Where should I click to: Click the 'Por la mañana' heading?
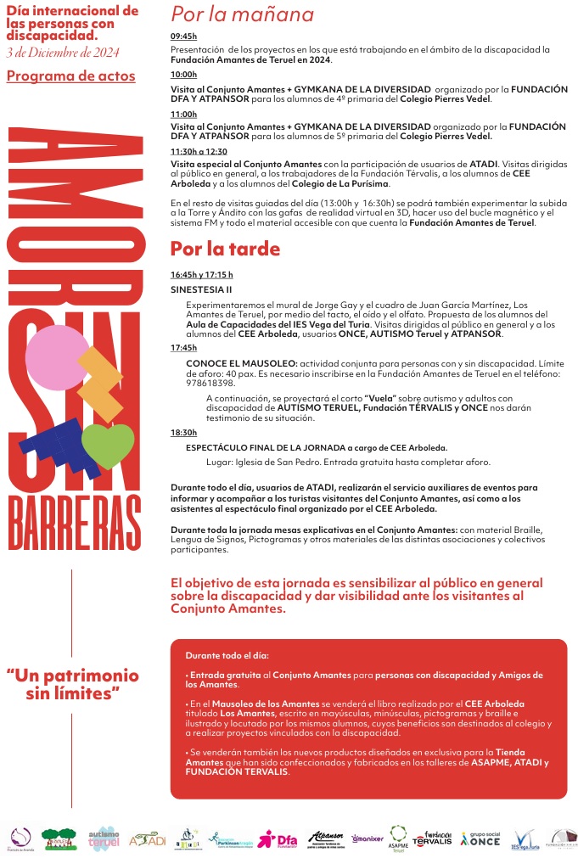pyautogui.click(x=242, y=14)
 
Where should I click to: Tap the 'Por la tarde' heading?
pyautogui.click(x=225, y=250)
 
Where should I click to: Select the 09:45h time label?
pyautogui.click(x=183, y=36)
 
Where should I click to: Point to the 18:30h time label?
pyautogui.click(x=183, y=433)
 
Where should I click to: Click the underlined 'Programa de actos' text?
pyautogui.click(x=70, y=76)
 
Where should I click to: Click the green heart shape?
pyautogui.click(x=108, y=445)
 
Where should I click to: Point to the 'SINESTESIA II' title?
pyautogui.click(x=195, y=289)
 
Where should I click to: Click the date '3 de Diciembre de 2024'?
pyautogui.click(x=62, y=53)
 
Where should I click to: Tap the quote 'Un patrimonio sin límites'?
pyautogui.click(x=72, y=686)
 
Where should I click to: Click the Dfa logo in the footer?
pyautogui.click(x=277, y=839)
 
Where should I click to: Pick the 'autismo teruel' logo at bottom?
pyautogui.click(x=104, y=838)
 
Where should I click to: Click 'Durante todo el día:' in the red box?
pyautogui.click(x=227, y=656)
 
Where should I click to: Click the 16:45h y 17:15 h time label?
pyautogui.click(x=201, y=275)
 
